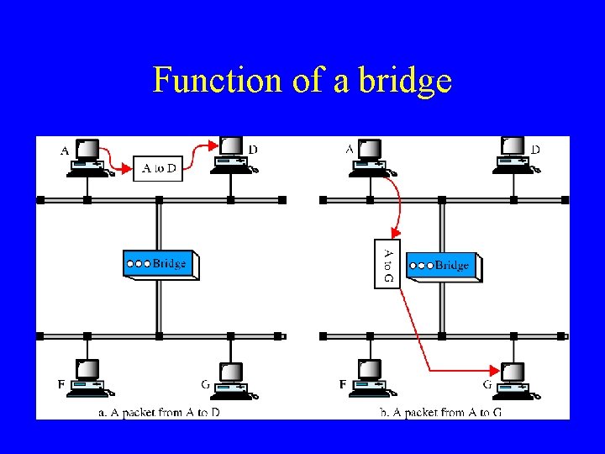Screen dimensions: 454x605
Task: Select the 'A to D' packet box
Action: click(x=158, y=168)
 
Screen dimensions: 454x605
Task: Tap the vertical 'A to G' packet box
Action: click(x=387, y=264)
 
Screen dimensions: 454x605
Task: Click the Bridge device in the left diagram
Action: click(x=160, y=264)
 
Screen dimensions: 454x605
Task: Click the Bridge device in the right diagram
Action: click(x=443, y=266)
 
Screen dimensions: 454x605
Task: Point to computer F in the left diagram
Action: click(x=88, y=377)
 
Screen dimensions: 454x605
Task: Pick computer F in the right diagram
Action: click(x=371, y=377)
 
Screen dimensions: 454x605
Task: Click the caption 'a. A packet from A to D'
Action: click(x=158, y=412)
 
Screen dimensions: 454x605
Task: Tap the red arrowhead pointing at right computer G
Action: click(x=495, y=369)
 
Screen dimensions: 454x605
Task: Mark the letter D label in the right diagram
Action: click(x=536, y=150)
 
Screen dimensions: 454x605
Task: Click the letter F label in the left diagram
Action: click(x=61, y=384)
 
